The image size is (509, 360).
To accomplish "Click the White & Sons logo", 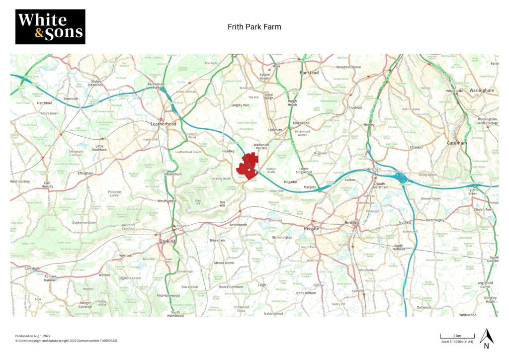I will click(x=50, y=27).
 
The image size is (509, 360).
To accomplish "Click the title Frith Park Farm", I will click(x=254, y=27).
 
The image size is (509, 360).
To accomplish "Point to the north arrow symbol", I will click(x=487, y=338).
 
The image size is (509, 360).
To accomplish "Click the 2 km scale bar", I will click(x=457, y=337).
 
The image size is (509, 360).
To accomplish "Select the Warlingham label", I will click(x=481, y=90).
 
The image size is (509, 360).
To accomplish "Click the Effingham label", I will click(x=85, y=173).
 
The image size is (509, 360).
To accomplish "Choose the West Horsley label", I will click(x=20, y=181).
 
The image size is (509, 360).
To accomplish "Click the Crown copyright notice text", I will click(x=66, y=341).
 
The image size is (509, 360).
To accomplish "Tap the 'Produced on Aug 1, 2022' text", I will click(x=33, y=336).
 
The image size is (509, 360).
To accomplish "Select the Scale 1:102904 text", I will click(x=457, y=342).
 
